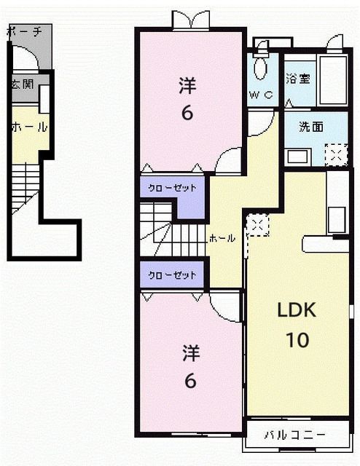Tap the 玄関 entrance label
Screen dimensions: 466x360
click(x=20, y=84)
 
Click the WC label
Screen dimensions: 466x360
click(x=260, y=95)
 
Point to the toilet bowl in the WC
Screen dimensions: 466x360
click(x=261, y=70)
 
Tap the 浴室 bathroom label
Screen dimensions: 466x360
click(x=297, y=79)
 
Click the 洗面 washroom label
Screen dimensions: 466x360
click(x=311, y=125)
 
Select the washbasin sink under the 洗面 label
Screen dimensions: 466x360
click(x=297, y=156)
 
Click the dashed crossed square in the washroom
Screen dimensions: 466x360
click(x=336, y=154)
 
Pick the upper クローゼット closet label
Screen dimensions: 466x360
click(x=173, y=188)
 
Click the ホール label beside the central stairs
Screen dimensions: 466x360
click(x=222, y=238)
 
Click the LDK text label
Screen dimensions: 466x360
click(x=296, y=311)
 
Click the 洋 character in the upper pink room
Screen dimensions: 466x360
click(x=187, y=86)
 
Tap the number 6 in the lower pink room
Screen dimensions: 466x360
click(x=189, y=380)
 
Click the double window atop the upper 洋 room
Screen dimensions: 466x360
click(x=190, y=20)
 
